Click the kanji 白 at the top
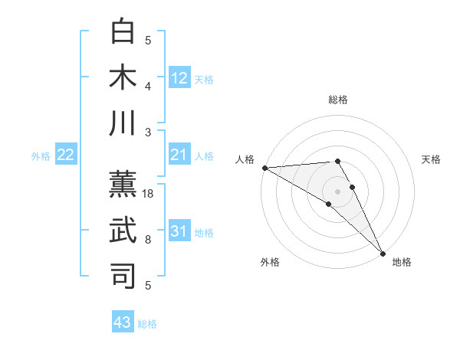(x=123, y=32)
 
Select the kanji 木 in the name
(x=123, y=78)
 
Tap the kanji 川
(x=123, y=124)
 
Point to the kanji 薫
(x=123, y=184)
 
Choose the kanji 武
(x=123, y=230)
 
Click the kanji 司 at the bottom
(x=123, y=276)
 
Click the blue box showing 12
(x=179, y=77)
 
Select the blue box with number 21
(x=179, y=155)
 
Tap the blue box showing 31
(x=179, y=232)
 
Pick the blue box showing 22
(x=66, y=155)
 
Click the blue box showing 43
(x=123, y=322)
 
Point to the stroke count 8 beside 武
(x=148, y=240)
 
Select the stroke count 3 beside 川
(x=148, y=133)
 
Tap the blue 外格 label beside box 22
(x=41, y=156)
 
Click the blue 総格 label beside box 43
(x=147, y=324)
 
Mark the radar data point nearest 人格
(x=264, y=168)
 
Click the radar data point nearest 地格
(x=382, y=254)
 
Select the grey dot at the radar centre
(x=337, y=191)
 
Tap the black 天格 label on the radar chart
(x=431, y=159)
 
